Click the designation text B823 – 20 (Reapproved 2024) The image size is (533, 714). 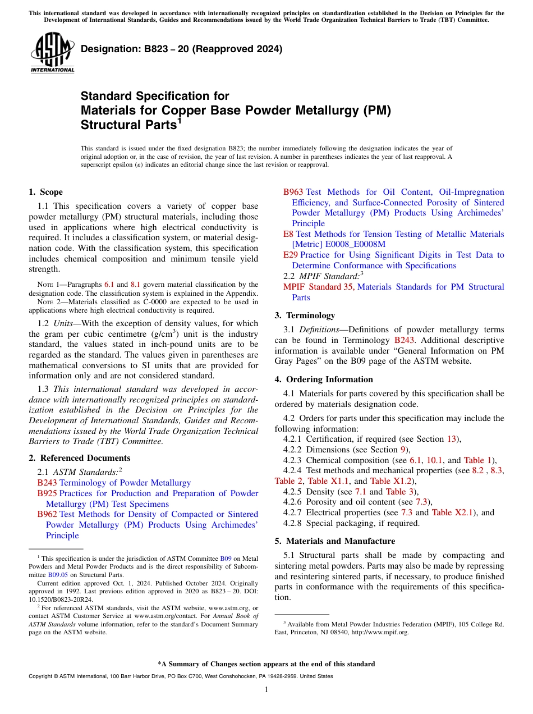(x=181, y=49)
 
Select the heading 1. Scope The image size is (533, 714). (x=45, y=192)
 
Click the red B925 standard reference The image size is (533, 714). (x=47, y=493)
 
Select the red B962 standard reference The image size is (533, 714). (x=47, y=514)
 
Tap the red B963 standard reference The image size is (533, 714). (x=293, y=192)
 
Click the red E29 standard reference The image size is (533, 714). (x=290, y=255)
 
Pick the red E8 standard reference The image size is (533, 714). (x=288, y=234)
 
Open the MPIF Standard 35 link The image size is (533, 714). (x=319, y=287)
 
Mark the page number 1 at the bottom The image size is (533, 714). (x=266, y=689)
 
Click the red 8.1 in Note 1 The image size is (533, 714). (x=135, y=285)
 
